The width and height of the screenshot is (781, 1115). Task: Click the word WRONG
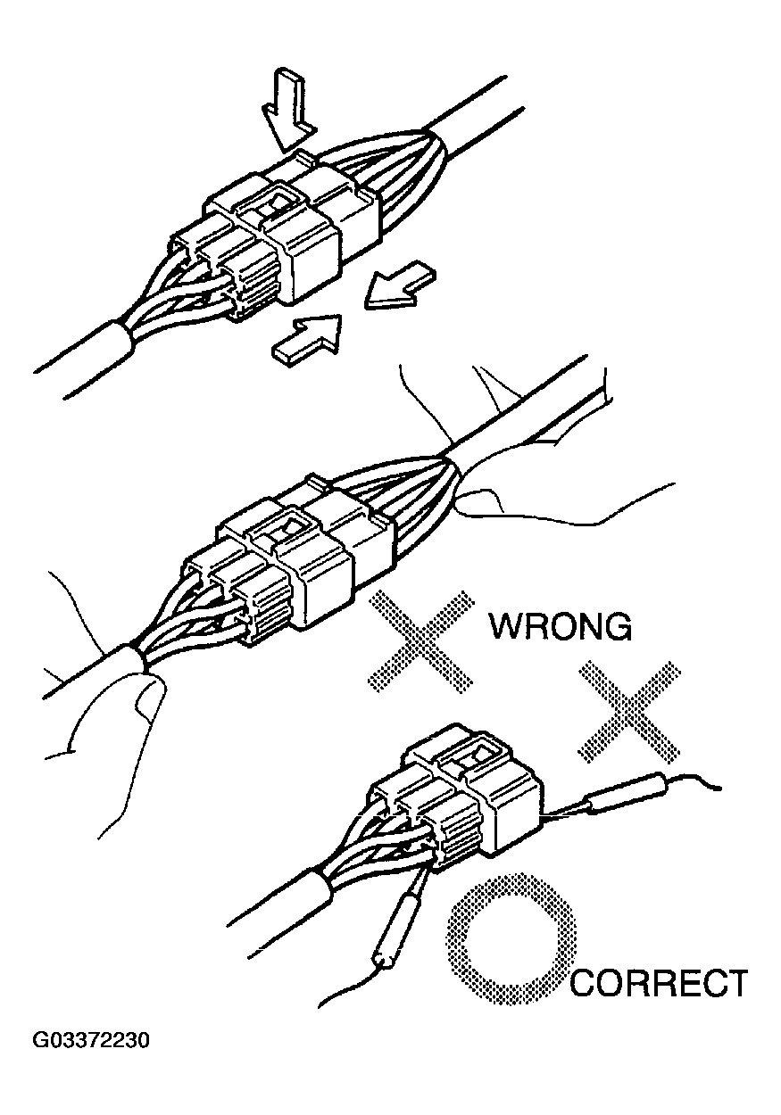(x=561, y=626)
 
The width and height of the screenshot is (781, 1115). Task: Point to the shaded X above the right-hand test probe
(x=629, y=711)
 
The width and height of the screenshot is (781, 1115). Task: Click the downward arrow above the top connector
(x=287, y=112)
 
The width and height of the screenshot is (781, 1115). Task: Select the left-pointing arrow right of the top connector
(x=397, y=285)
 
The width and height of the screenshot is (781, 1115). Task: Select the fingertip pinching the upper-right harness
(x=473, y=500)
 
